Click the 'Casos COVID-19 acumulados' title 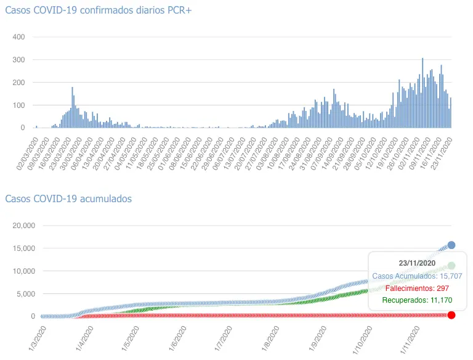coord(68,198)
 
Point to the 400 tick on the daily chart coord(18,37)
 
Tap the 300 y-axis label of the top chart coord(18,60)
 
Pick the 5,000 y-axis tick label coord(26,293)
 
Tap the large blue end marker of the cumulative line coord(451,245)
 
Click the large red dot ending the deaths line coord(451,316)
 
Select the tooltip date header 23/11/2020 coord(418,263)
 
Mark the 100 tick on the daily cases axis coord(18,105)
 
